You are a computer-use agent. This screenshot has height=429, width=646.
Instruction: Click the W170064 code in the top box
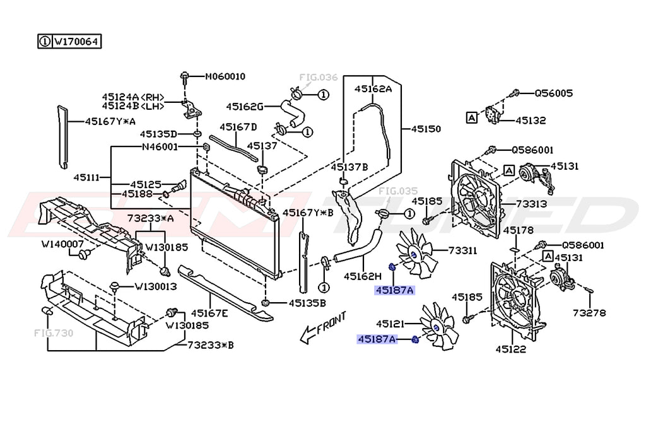coord(76,42)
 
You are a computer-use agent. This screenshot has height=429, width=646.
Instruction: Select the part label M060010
coord(225,77)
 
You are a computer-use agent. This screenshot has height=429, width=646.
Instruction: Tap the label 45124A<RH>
coord(133,97)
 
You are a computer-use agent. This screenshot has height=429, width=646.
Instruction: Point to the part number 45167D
coord(238,127)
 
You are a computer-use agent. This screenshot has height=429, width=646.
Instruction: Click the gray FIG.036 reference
coord(318,78)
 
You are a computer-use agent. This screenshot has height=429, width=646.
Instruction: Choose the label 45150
coord(426,129)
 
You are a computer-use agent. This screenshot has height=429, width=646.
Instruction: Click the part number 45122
coord(510,348)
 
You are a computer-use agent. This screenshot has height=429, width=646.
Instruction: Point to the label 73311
coord(462,250)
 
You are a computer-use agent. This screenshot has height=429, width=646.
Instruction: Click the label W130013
coord(155,286)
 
